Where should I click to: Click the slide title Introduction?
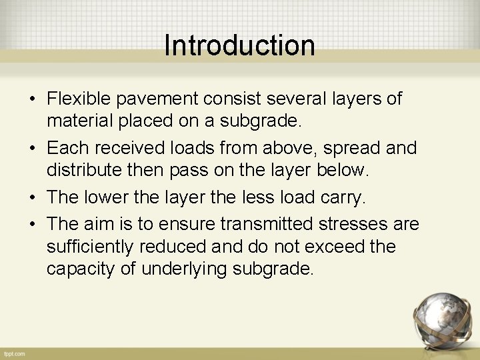click(239, 45)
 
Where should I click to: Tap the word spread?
click(337, 147)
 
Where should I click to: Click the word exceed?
click(331, 247)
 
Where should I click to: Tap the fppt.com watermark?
click(14, 353)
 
